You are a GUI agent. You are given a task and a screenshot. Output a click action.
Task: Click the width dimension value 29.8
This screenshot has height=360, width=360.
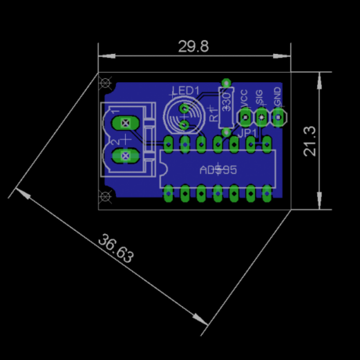coord(193,47)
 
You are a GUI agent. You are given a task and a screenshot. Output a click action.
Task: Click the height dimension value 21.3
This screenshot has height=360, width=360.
coord(310,142)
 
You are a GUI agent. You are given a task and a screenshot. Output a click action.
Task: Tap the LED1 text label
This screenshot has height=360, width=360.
coord(185,90)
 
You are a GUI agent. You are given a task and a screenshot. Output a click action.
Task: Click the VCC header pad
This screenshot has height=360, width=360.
coord(245,118)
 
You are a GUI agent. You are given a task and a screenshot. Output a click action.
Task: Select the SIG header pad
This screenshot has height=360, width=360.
coord(261,118)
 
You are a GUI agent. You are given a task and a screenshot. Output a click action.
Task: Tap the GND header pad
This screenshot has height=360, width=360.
coord(279,118)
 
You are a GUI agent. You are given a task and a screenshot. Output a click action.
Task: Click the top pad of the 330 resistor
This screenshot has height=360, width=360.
coord(227,83)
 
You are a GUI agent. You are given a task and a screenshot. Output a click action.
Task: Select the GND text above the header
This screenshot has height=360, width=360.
coord(278,96)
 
